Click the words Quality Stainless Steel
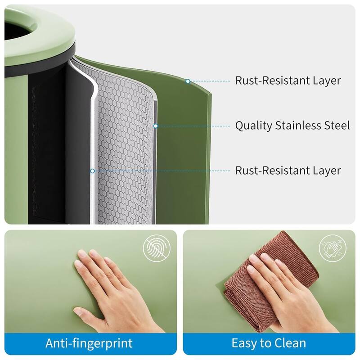click(292, 126)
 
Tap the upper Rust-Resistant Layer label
click(288, 81)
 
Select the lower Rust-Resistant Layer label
click(288, 171)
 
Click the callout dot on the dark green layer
click(188, 81)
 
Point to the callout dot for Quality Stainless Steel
click(156, 126)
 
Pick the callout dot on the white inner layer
click(92, 171)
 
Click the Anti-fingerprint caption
click(89, 343)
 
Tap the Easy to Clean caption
click(269, 343)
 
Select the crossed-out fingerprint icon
click(157, 248)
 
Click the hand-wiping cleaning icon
click(333, 248)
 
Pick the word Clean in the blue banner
click(290, 343)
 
